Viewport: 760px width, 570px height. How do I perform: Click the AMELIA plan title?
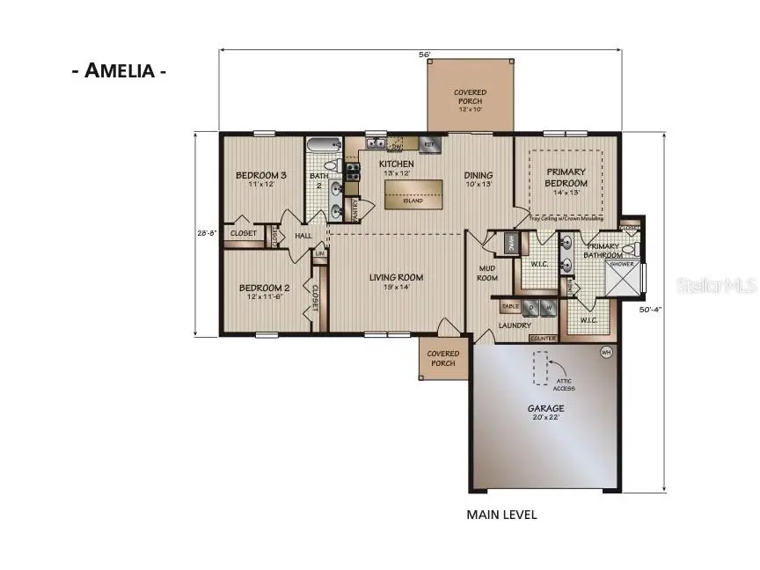pyautogui.click(x=119, y=71)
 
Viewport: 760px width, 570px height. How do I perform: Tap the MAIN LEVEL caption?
pyautogui.click(x=501, y=515)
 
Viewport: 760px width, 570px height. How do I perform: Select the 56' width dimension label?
pyautogui.click(x=424, y=55)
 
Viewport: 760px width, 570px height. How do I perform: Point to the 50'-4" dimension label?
pyautogui.click(x=652, y=309)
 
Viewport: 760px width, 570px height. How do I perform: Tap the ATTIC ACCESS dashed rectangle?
pyautogui.click(x=539, y=368)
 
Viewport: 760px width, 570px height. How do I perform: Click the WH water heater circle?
pyautogui.click(x=605, y=353)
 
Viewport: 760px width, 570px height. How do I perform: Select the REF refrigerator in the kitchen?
pyautogui.click(x=429, y=143)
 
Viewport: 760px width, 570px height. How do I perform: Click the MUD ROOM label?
pyautogui.click(x=488, y=273)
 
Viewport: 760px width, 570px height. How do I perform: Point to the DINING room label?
pyautogui.click(x=479, y=179)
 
